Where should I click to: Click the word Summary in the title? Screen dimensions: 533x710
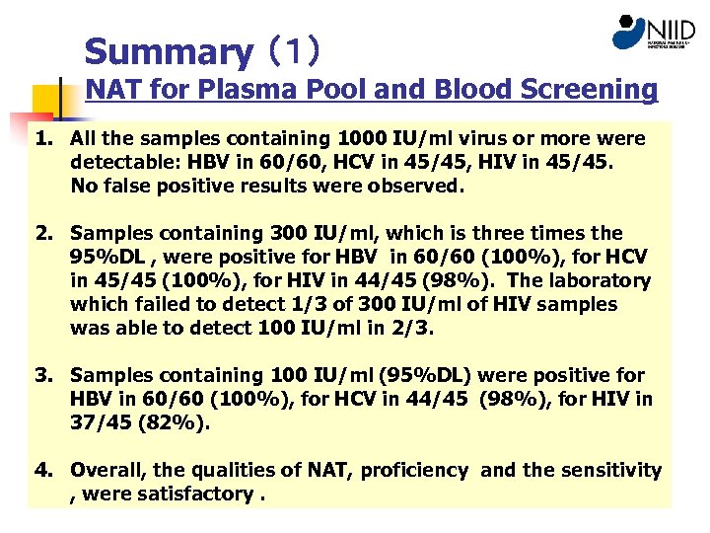169,51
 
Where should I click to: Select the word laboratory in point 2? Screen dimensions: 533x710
598,280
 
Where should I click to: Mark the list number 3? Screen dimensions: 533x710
44,375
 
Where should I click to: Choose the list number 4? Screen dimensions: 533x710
44,470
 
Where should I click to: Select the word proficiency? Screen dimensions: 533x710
414,470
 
